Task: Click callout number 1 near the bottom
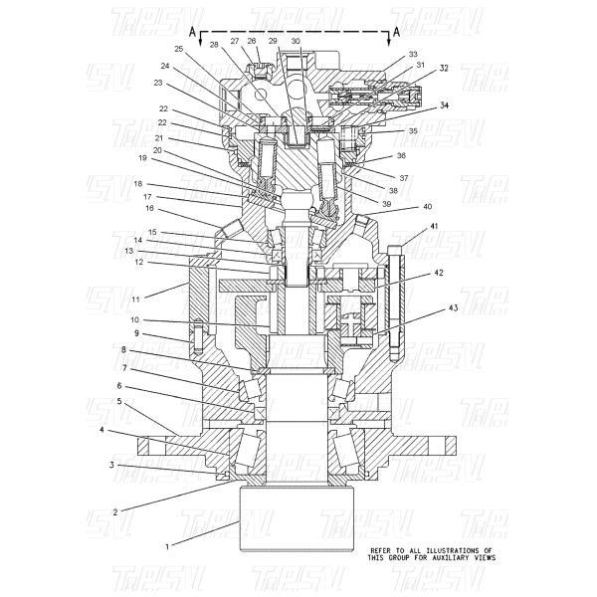167,546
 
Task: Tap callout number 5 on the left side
119,401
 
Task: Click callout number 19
143,158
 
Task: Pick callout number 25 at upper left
179,48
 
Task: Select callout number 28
213,45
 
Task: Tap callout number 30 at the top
296,41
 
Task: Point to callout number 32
444,69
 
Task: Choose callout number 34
444,104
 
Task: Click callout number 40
427,207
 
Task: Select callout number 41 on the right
434,228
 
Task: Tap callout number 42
438,273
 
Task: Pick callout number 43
453,308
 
